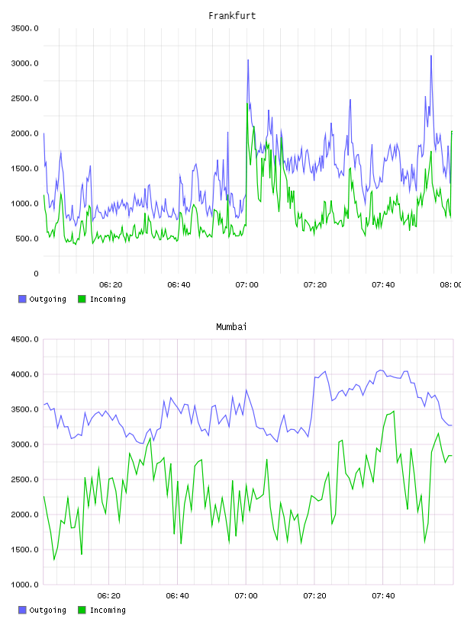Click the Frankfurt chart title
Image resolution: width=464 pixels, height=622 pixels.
[x=232, y=16]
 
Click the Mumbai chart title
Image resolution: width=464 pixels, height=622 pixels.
[x=231, y=327]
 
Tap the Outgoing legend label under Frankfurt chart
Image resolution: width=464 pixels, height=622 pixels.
[x=47, y=299]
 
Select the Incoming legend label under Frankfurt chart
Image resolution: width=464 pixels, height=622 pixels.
[x=108, y=299]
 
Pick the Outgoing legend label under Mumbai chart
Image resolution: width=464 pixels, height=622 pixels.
[x=47, y=610]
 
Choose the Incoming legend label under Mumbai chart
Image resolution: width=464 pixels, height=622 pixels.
[x=108, y=610]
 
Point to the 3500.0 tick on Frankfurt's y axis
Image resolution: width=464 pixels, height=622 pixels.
[x=24, y=28]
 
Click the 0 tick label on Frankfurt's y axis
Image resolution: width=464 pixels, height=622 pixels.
[x=36, y=274]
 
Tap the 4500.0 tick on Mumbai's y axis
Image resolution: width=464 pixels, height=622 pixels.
[x=24, y=339]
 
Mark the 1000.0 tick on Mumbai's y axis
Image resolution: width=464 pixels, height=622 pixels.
[x=24, y=585]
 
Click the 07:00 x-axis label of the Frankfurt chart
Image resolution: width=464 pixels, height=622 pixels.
[x=246, y=285]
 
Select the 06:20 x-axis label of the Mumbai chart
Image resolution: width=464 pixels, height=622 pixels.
[x=108, y=596]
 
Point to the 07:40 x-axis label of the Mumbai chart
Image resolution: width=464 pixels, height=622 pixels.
[x=383, y=596]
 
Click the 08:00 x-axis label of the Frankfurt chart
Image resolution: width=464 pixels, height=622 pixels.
[x=450, y=285]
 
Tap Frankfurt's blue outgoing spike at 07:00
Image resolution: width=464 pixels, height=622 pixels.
[x=248, y=60]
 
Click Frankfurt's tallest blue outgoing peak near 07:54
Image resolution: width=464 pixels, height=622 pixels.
[x=431, y=56]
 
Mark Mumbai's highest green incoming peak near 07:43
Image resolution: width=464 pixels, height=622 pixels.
[x=393, y=412]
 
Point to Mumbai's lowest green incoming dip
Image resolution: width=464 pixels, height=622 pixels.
[x=54, y=559]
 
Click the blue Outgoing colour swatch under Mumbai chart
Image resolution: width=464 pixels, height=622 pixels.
[x=22, y=610]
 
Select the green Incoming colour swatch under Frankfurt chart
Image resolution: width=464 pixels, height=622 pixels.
[x=82, y=299]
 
